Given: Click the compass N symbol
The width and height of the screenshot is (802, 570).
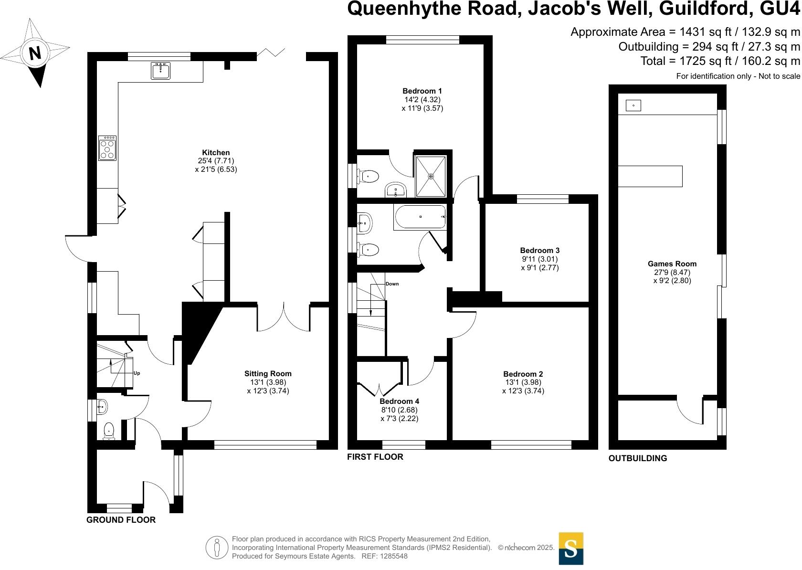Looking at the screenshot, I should [x=35, y=53].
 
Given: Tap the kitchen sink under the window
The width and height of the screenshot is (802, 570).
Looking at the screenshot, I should [x=161, y=71].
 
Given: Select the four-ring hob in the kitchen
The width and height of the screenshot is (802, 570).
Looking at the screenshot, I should [x=108, y=148].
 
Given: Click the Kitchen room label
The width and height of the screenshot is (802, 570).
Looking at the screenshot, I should [x=216, y=153].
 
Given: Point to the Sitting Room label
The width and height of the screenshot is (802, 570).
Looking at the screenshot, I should [x=268, y=374].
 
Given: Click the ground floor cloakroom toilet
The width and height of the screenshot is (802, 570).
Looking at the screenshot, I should [x=109, y=431].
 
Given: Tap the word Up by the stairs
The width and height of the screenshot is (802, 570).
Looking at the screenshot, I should [x=137, y=373].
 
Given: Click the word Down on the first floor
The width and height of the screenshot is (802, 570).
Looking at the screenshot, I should [x=392, y=284].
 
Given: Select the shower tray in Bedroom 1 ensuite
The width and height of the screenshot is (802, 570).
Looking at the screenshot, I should [x=431, y=176].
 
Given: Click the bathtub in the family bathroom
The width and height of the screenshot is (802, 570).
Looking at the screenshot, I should [x=420, y=217].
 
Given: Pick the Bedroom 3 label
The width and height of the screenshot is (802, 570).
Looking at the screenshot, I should [x=540, y=250].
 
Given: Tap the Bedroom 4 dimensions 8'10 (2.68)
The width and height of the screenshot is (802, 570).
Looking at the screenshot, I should [x=400, y=410].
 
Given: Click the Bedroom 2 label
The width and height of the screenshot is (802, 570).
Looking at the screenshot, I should [x=523, y=374].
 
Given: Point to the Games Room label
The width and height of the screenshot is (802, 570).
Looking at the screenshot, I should [x=672, y=264].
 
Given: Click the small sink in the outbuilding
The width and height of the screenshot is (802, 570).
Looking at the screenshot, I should [x=633, y=106].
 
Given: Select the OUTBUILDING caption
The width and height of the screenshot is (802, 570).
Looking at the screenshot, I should [x=637, y=458].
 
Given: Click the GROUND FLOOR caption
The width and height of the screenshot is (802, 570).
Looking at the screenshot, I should [x=121, y=520].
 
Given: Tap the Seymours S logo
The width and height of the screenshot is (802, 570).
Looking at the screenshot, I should [x=570, y=549].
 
